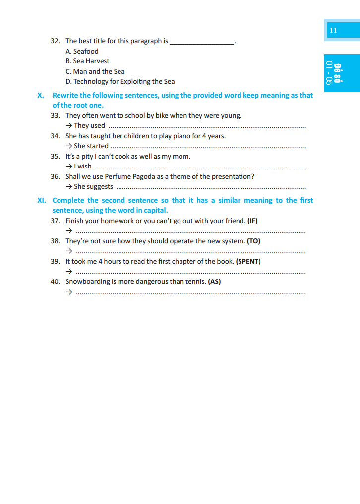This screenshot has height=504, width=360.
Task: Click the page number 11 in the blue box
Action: [x=333, y=30]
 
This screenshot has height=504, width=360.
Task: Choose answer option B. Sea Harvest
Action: [x=87, y=61]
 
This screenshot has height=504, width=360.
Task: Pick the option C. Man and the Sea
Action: [x=95, y=71]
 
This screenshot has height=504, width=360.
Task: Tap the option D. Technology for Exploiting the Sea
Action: [x=120, y=82]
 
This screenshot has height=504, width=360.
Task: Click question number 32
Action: [x=55, y=41]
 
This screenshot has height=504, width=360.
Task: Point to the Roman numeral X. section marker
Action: [x=41, y=95]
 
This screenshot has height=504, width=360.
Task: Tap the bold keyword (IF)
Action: [x=252, y=221]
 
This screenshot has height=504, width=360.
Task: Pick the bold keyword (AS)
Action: [x=214, y=281]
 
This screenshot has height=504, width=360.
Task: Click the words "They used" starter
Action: [x=89, y=126]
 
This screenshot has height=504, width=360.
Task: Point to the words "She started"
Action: [x=91, y=146]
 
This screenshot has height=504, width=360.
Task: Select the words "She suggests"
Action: [x=93, y=187]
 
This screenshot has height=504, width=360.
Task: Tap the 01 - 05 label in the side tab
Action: [x=329, y=73]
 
